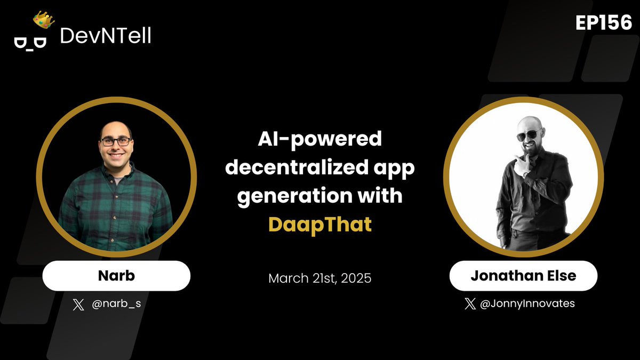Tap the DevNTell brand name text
click(106, 36)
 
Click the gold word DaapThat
click(319, 224)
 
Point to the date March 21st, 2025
click(319, 278)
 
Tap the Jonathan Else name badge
click(523, 276)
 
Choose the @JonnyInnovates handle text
click(527, 304)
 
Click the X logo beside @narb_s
click(78, 305)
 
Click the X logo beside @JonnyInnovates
click(470, 304)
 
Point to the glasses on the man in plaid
click(116, 142)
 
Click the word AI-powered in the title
click(319, 140)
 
